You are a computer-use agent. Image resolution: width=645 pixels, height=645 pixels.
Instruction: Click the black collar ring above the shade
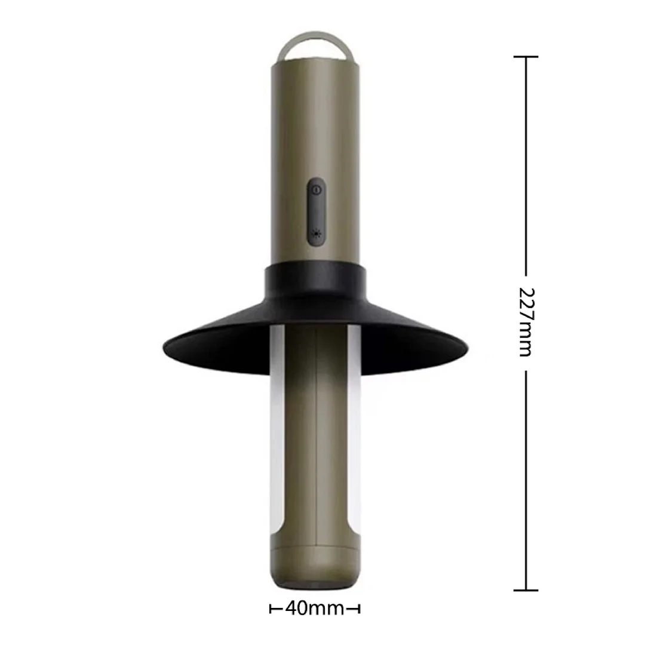[x=315, y=279]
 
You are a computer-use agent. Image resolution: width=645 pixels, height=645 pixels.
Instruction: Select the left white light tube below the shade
[x=278, y=430]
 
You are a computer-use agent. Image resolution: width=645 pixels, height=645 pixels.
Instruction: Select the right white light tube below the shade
[x=354, y=430]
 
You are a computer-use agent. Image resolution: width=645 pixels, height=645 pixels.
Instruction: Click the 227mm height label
[x=526, y=322]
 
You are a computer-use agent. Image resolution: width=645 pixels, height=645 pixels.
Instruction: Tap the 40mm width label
[x=315, y=609]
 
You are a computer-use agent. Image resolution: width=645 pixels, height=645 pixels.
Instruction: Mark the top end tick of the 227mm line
[x=526, y=57]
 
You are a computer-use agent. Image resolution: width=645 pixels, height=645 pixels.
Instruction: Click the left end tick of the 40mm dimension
[x=271, y=609]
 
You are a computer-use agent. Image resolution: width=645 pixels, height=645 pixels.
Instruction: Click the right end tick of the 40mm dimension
[x=360, y=609]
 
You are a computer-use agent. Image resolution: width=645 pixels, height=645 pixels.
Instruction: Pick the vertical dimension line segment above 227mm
[x=526, y=167]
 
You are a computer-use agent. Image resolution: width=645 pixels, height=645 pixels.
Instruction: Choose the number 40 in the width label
[x=297, y=609]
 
